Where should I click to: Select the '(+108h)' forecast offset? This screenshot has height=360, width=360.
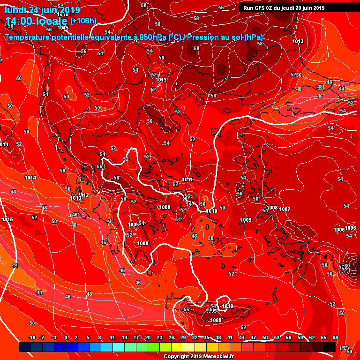click(83, 21)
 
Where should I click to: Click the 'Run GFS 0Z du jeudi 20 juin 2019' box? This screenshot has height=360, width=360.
click(284, 8)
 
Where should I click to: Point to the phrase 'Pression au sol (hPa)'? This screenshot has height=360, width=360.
click(225, 37)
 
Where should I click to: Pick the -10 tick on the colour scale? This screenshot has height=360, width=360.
click(32, 337)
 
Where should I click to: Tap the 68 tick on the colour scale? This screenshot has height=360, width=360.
click(335, 337)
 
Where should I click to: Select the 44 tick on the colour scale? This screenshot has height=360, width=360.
click(242, 337)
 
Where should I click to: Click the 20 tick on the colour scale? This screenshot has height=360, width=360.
click(148, 337)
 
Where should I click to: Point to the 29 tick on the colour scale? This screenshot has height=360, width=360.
click(183, 337)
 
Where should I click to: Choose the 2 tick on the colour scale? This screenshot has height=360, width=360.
click(76, 337)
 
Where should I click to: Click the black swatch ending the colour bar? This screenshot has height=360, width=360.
click(330, 347)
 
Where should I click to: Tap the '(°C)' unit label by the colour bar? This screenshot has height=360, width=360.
click(344, 348)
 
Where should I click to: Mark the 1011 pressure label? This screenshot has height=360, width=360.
click(187, 180)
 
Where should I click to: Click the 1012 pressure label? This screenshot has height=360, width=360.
click(83, 195)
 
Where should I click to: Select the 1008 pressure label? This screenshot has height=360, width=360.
click(272, 208)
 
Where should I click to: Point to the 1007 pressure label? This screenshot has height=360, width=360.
click(285, 209)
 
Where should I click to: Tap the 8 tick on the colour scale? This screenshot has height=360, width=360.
click(100, 337)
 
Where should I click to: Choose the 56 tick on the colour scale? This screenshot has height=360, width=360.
click(288, 337)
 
